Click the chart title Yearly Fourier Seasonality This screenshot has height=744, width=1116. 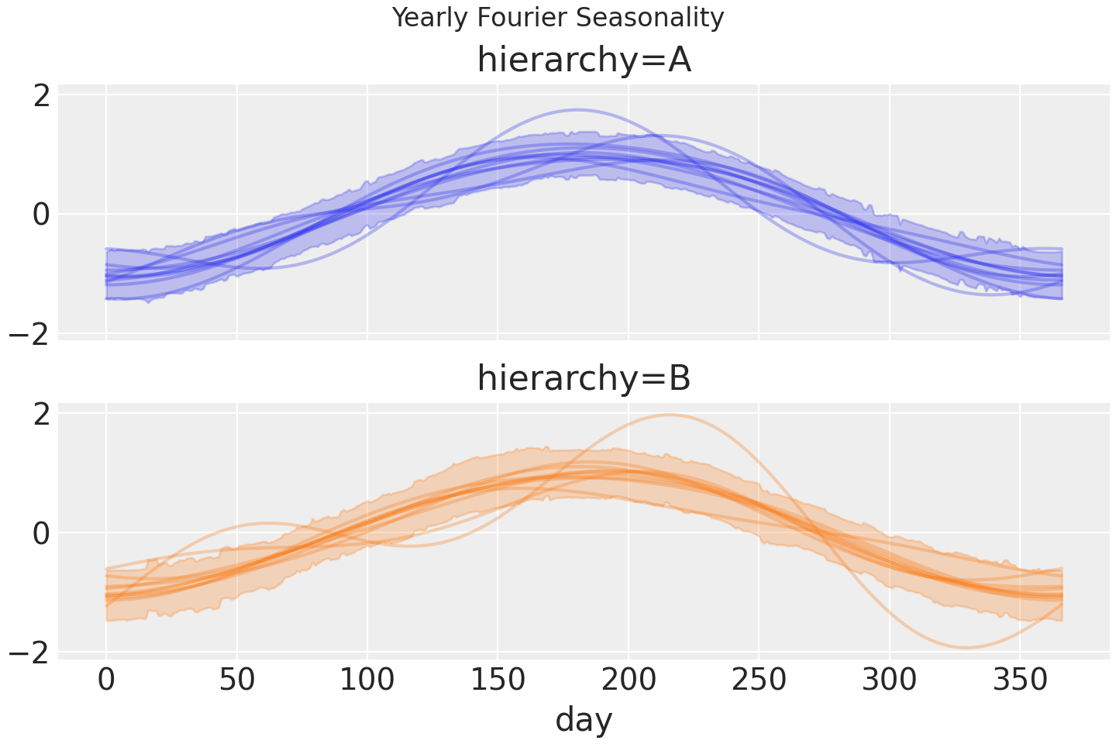pos(558,18)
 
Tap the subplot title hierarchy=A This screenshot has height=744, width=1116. pos(584,60)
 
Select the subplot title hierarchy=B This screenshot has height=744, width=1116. pos(584,379)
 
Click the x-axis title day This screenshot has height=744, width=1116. pos(584,720)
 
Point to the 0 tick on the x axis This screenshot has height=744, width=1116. pos(106,680)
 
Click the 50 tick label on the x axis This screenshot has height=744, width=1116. pos(237,680)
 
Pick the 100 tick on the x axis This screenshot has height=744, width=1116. pos(367,680)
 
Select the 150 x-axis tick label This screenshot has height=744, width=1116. pos(498,680)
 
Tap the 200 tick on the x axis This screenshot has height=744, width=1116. pos(629,680)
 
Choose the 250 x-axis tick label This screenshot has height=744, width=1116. pos(759,680)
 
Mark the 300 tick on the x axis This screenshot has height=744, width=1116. pos(890,680)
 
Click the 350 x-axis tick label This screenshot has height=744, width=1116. pos(1020,680)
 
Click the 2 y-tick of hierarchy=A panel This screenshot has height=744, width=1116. pos(41,95)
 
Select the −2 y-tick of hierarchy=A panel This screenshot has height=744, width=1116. pos(29,334)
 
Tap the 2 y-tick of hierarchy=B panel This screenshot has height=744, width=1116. pos(41,414)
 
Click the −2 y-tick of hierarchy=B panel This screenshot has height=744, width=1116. pos(29,653)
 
